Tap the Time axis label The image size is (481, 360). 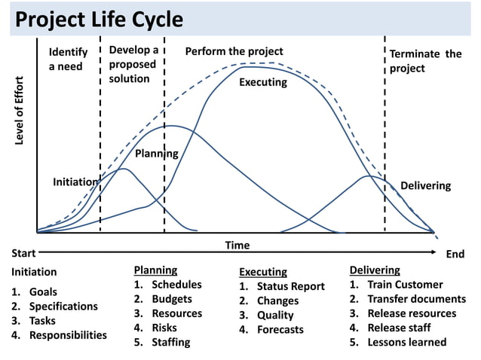237,246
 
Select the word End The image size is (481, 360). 455,255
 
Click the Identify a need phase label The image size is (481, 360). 68,59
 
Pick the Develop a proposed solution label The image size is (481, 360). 133,65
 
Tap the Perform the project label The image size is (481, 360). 234,51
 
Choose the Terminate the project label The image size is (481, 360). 424,61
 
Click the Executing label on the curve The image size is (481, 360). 262,82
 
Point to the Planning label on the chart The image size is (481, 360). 156,154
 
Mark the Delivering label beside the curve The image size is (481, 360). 425,185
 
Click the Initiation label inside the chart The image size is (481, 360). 75,182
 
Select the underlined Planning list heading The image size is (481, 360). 155,270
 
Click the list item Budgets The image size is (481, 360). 172,299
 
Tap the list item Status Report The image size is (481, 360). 290,286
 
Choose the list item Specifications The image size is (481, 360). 63,307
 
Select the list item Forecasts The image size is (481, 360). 280,329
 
